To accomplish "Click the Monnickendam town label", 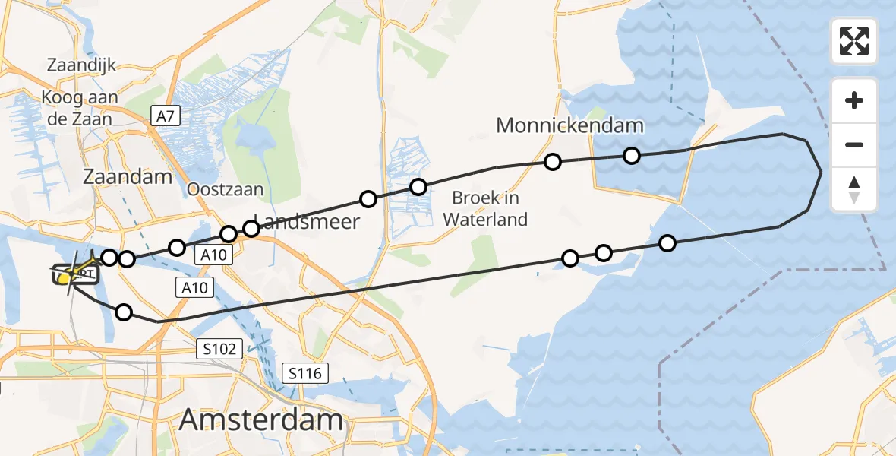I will (569, 125).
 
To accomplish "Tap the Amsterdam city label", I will (260, 420).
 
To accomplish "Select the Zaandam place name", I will (129, 177).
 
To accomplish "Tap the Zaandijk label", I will (81, 65).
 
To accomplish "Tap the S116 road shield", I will (304, 373).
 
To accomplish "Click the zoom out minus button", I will (854, 144).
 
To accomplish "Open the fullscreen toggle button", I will (854, 41).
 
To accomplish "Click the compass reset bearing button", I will (854, 189).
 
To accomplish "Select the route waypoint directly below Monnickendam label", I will (553, 162).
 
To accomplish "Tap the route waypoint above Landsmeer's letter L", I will (250, 229).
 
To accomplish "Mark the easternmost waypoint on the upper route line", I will (632, 156).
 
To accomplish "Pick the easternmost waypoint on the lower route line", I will (667, 243).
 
